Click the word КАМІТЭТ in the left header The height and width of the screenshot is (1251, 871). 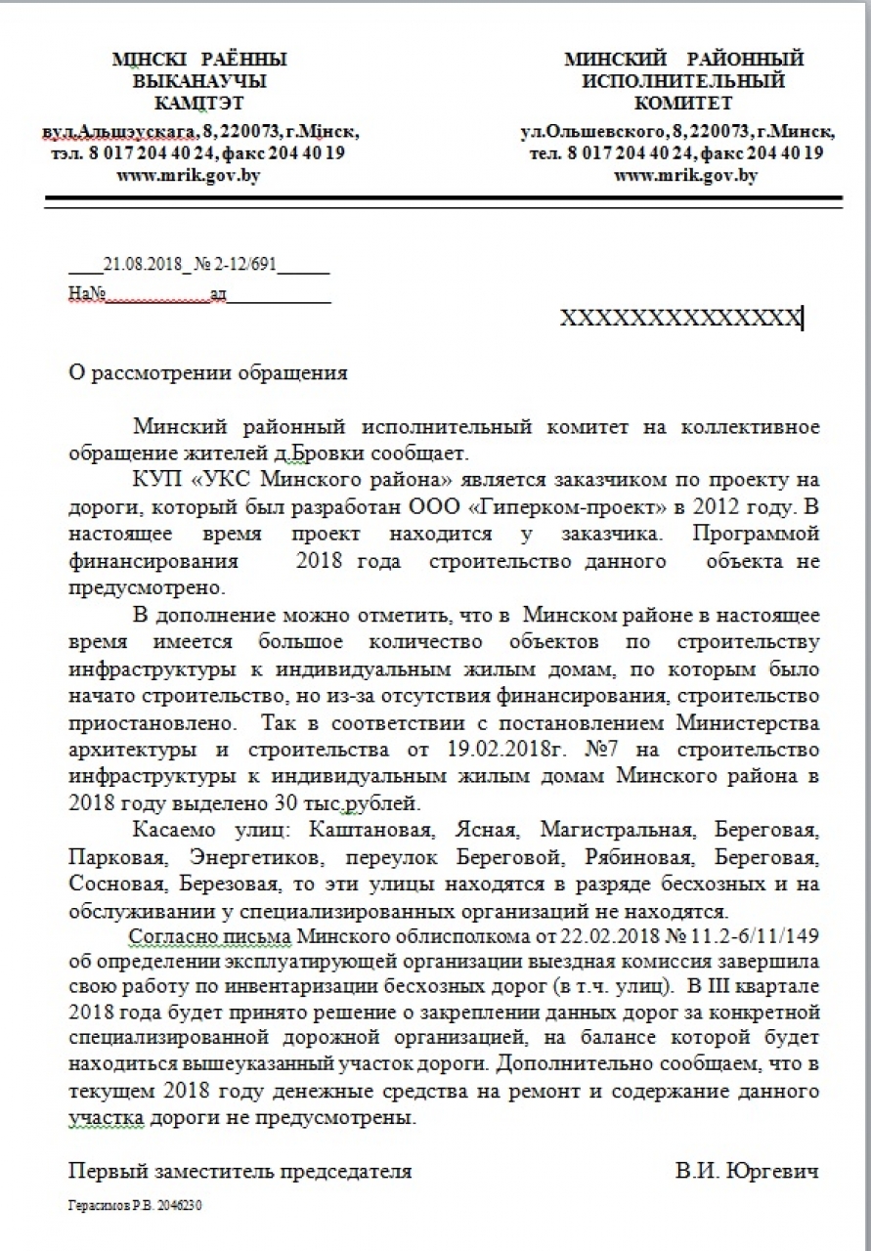click(x=199, y=103)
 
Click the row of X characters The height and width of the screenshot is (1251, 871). click(x=680, y=318)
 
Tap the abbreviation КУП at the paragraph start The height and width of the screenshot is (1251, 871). click(x=152, y=481)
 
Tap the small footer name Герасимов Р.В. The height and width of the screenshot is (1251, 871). click(x=105, y=1206)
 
